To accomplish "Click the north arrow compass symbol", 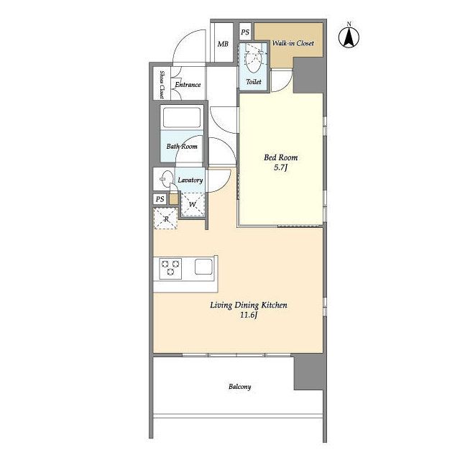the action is click(349, 36).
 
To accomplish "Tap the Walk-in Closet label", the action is click(293, 43).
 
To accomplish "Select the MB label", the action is click(223, 44).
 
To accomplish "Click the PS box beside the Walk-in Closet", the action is click(245, 32).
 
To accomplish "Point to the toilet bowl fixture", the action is click(252, 58).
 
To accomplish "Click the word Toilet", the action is click(254, 81).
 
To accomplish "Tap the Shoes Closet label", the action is click(162, 85).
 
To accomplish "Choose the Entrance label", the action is click(188, 85).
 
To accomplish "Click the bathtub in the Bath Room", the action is click(182, 117).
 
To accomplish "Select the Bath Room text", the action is click(182, 146).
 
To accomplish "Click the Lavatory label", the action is click(190, 180).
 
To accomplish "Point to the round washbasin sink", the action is click(167, 179).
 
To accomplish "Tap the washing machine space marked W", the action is click(192, 204).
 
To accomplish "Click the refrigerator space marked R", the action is click(165, 218).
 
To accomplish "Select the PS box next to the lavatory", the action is click(160, 199).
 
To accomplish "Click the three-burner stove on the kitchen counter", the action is click(170, 268).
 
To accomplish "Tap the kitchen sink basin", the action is click(203, 267).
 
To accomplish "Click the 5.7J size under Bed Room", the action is click(280, 167).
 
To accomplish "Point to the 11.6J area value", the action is click(249, 316).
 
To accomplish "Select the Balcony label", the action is click(239, 387).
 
